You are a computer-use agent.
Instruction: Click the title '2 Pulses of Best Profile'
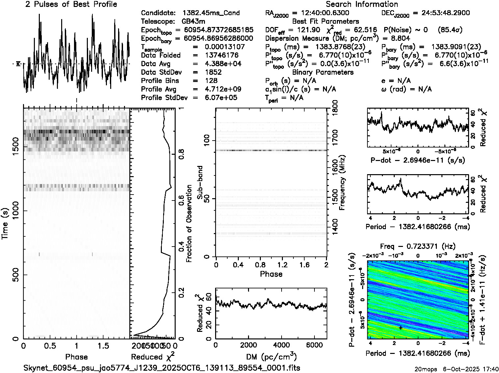(71, 4)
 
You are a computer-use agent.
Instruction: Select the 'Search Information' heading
(362, 4)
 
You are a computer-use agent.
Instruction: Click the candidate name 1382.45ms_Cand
(211, 13)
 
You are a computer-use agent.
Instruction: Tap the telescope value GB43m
(194, 22)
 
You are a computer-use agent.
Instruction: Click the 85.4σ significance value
(450, 30)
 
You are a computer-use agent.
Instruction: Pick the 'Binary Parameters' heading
(323, 72)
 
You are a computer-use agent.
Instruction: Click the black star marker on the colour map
(400, 328)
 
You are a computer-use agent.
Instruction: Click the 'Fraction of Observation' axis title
(189, 224)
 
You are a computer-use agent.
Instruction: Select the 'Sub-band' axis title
(200, 182)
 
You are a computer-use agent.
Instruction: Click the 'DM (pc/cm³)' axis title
(271, 357)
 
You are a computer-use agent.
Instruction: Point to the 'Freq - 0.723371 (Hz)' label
(417, 246)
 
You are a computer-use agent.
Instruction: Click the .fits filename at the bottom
(162, 368)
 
